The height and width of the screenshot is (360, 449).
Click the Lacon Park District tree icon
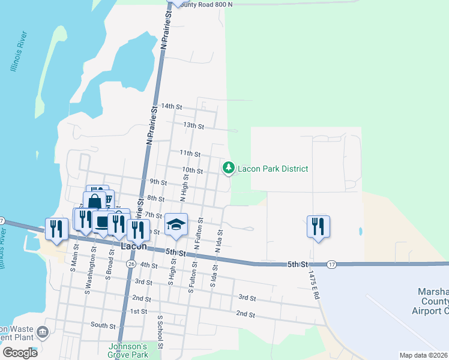click(x=228, y=169)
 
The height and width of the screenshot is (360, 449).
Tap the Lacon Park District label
click(x=273, y=169)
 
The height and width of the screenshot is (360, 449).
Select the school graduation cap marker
click(x=176, y=225)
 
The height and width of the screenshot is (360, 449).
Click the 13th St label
click(x=194, y=126)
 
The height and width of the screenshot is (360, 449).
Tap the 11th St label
click(x=190, y=154)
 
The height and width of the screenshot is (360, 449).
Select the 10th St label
click(x=193, y=170)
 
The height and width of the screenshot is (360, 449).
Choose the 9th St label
click(x=158, y=182)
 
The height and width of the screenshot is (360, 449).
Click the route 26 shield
click(x=131, y=263)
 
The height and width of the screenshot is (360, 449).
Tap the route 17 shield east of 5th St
click(x=331, y=264)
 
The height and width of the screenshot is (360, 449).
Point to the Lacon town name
click(x=134, y=246)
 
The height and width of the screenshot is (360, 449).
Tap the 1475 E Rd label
click(x=312, y=284)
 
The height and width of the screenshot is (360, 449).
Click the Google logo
click(x=20, y=353)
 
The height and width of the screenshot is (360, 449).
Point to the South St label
click(x=103, y=325)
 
